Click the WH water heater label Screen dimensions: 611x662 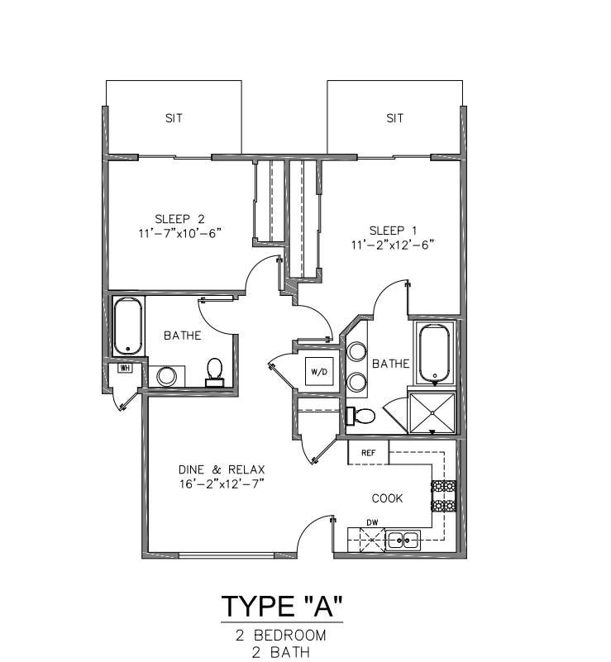[x=124, y=368]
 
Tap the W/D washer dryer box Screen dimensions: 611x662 [x=320, y=372]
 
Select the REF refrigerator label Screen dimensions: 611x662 [x=368, y=453]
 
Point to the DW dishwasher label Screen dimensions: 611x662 [x=372, y=522]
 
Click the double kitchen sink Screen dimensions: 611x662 [x=404, y=540]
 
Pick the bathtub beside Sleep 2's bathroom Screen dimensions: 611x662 [x=128, y=326]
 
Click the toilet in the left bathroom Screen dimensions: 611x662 [x=214, y=372]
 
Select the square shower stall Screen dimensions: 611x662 [x=432, y=412]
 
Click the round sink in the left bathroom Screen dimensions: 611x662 [x=166, y=376]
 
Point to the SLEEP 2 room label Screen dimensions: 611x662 [x=180, y=219]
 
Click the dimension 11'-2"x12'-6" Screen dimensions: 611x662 [x=393, y=245]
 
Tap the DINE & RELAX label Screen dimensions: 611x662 [x=222, y=469]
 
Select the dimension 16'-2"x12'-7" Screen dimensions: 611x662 [x=222, y=483]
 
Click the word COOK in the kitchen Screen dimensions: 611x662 [x=387, y=498]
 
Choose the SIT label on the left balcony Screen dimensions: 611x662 [x=174, y=118]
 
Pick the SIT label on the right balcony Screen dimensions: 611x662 [x=395, y=118]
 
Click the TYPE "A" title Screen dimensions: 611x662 [x=282, y=607]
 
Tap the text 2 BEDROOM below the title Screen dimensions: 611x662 [x=281, y=636]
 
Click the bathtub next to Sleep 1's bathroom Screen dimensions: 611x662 [x=435, y=353]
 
